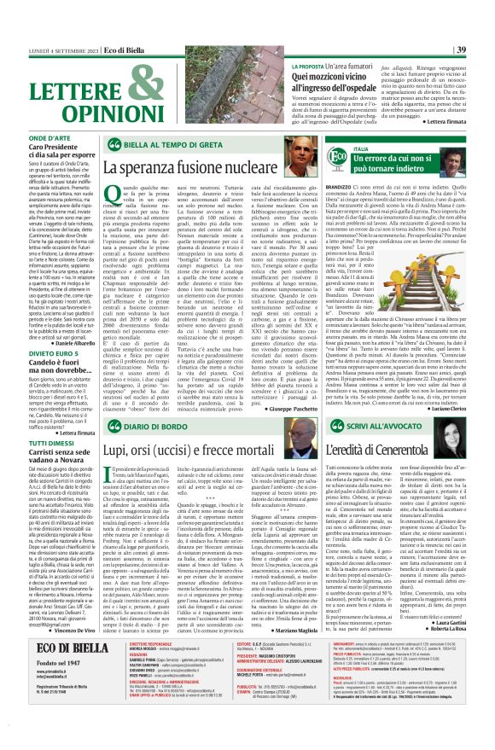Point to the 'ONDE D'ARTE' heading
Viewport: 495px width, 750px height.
point(49,137)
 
